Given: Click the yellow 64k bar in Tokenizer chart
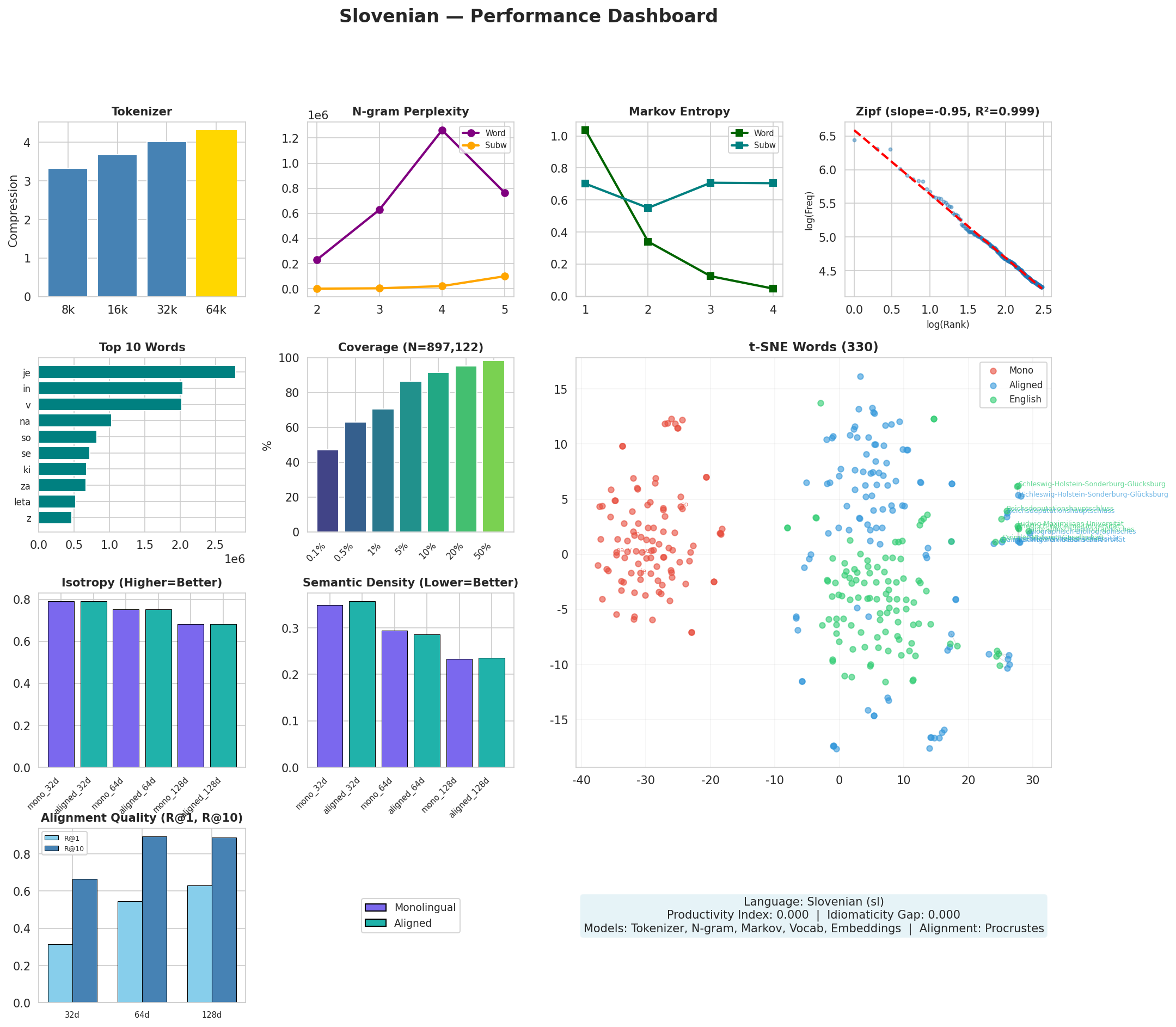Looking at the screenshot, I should pos(216,213).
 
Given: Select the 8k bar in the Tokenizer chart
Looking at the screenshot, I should pos(68,232).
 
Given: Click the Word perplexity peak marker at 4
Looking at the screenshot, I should pos(442,130).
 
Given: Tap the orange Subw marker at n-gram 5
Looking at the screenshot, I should pos(504,276).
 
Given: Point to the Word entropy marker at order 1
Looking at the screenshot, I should pos(585,130).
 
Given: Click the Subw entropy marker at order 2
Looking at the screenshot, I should pos(647,207).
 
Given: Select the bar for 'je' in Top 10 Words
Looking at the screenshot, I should pos(137,372).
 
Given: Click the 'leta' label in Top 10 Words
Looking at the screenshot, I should pos(22,502).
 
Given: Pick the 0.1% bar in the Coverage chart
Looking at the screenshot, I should pos(327,491).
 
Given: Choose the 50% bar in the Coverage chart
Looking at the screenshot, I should pos(493,446).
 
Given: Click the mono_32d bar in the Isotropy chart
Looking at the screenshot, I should pos(61,684).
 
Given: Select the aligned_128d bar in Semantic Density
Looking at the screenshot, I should pos(492,712).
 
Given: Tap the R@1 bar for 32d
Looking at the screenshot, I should pos(60,973).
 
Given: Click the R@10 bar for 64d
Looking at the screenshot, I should pos(155,919).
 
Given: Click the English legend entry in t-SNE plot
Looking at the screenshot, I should pos(1025,400).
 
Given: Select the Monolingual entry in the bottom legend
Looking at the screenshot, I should pos(424,907).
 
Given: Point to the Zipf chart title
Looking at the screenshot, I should pos(947,112).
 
